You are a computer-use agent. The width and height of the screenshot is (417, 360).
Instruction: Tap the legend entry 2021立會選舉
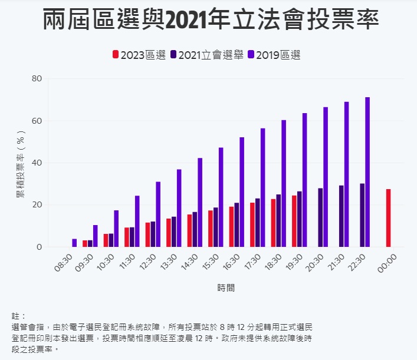click(206, 55)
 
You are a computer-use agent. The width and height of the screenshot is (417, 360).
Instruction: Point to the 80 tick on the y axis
click(37, 78)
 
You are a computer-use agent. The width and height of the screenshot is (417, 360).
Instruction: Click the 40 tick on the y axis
click(37, 163)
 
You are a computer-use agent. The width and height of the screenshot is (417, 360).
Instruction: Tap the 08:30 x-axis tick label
click(63, 262)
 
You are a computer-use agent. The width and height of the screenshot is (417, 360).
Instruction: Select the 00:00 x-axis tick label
click(388, 262)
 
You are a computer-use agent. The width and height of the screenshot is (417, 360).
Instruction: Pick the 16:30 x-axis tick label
click(231, 262)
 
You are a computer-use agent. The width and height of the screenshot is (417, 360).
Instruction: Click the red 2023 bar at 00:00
click(388, 218)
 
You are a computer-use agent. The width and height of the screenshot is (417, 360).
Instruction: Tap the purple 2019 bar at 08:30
click(74, 243)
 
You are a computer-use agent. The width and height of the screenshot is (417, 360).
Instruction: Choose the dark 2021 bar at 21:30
click(341, 216)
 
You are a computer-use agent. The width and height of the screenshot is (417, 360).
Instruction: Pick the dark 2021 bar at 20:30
click(320, 217)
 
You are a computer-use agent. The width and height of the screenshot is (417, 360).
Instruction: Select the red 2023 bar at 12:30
click(147, 235)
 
